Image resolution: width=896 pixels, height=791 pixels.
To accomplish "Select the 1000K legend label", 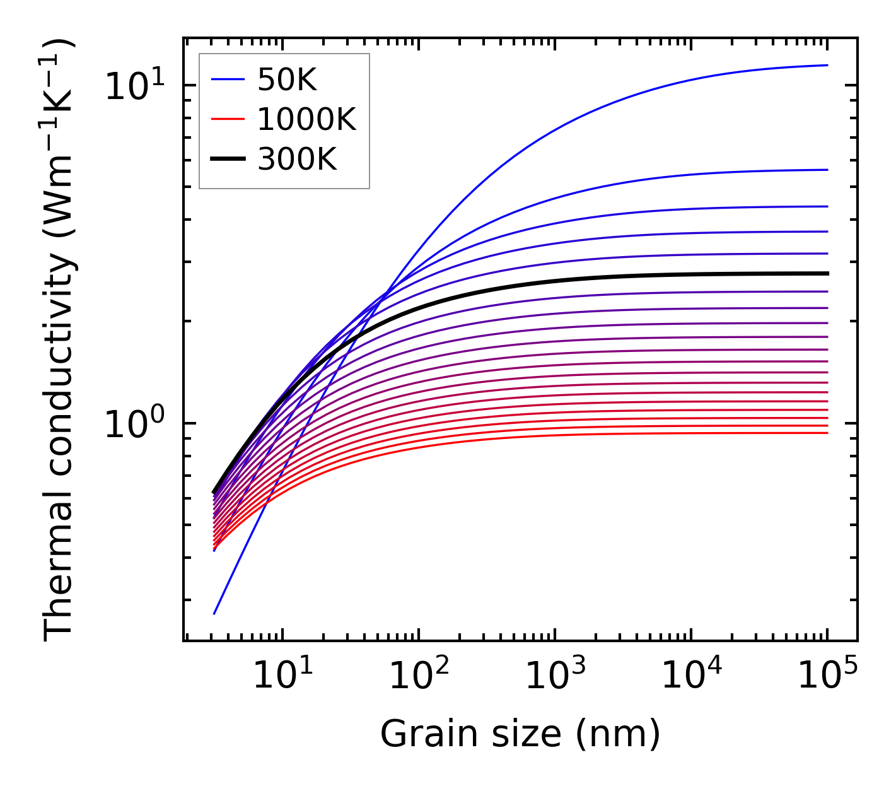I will pos(306,119).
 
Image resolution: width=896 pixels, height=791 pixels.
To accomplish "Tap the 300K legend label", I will pos(297,160).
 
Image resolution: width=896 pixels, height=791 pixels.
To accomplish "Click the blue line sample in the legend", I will pos(227,79).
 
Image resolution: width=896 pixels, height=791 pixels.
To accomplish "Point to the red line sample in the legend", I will pos(227,119).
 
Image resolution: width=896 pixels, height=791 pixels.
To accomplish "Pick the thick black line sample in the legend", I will pos(227,160).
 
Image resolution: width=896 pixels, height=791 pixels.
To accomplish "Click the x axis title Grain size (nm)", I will pos(520,734).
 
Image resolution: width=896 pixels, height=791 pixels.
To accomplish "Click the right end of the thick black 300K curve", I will pos(827,273).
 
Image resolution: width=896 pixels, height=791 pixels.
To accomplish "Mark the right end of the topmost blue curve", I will pos(827,65).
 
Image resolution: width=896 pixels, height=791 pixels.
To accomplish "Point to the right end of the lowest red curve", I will pos(827,432).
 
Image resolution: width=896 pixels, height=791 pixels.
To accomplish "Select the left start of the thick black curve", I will pos(214,493).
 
